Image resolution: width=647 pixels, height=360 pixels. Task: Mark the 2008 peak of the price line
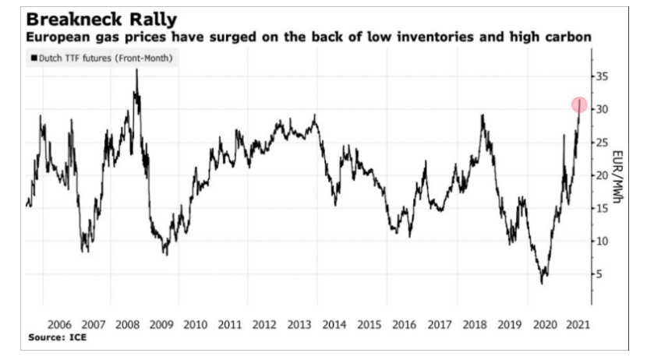[137, 70]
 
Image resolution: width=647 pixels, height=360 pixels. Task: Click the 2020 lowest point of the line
[542, 282]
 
